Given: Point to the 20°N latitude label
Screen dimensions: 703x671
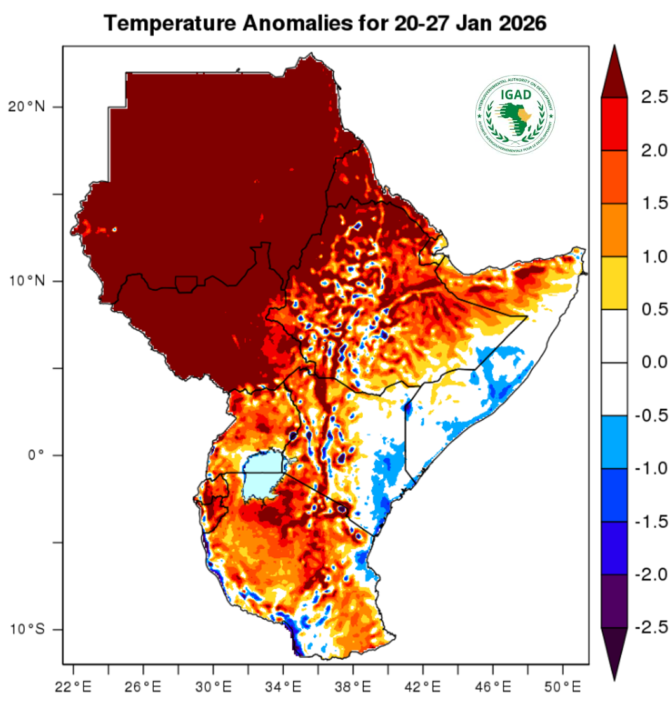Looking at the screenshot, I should coord(27,107).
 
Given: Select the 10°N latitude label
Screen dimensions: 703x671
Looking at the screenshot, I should coord(27,281).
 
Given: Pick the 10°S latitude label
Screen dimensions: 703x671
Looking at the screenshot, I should coord(27,629).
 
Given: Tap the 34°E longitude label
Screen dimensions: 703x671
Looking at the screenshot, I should coord(283,687).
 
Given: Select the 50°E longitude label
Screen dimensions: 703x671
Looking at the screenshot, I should coord(563,687).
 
